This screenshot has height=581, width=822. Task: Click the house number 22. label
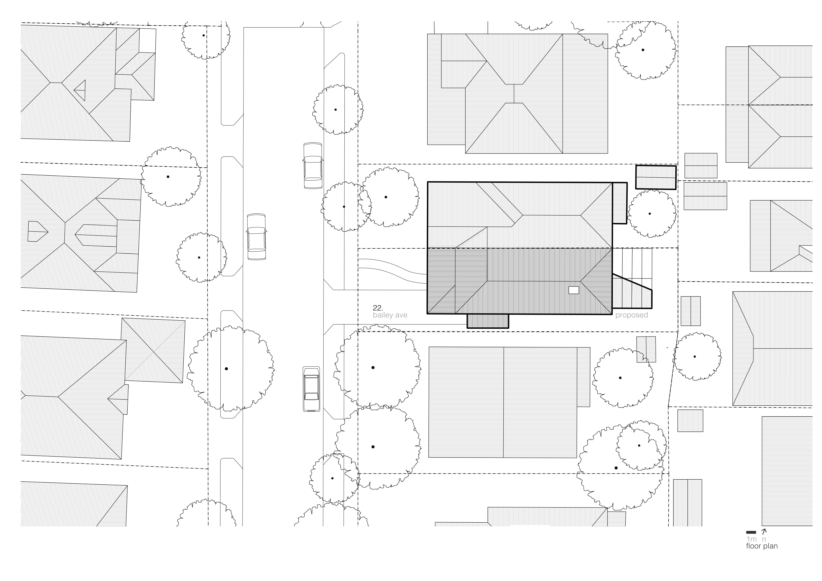click(378, 308)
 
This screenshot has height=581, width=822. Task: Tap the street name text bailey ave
click(390, 315)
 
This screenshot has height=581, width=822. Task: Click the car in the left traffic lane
click(256, 237)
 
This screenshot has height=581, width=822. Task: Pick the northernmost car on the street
click(313, 165)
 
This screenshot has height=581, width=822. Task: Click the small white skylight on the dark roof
click(574, 290)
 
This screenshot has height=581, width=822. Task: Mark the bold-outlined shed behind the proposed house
click(656, 177)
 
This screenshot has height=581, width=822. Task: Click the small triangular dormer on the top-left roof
click(81, 90)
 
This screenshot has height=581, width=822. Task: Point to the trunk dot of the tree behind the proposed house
click(650, 214)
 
